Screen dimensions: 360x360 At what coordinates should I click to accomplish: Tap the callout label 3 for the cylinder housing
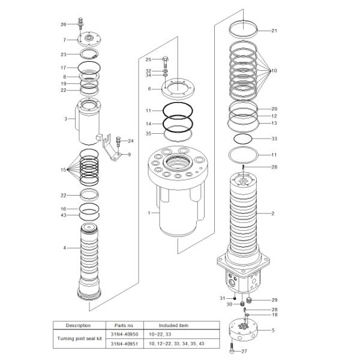point(65,119)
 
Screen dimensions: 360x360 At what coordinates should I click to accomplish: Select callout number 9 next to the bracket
point(129,154)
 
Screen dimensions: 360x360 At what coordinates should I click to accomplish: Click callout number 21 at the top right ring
point(274,31)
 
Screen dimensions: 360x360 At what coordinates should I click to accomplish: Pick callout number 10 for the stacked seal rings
point(274,71)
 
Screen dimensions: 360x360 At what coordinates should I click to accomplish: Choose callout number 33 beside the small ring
point(274,139)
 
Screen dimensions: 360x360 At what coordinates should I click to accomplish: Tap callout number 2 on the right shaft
point(272,213)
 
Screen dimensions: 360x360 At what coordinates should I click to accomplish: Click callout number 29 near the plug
point(274,299)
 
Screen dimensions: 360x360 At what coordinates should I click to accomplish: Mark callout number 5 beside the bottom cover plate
point(273,330)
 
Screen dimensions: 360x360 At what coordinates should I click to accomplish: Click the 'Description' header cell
point(78,325)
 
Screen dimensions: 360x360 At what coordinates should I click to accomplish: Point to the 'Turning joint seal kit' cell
point(78,338)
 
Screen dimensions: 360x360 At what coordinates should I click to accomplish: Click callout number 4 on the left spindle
point(65,248)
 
